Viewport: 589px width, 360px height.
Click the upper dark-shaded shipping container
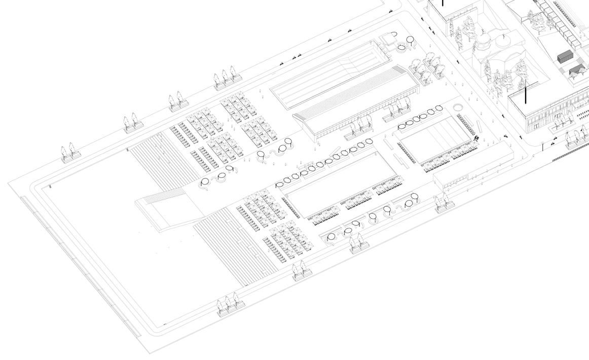[x=565, y=57]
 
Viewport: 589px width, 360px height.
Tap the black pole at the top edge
[x=443, y=3]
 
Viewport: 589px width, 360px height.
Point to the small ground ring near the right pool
[x=458, y=108]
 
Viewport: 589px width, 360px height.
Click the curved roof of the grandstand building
[x=355, y=102]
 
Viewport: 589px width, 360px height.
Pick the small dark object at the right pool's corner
[x=476, y=137]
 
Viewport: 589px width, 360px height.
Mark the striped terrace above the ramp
[x=162, y=157]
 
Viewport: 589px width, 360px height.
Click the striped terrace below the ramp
[x=233, y=243]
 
